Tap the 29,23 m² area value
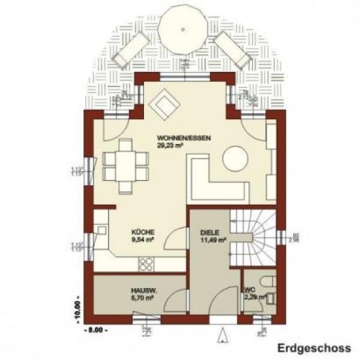170,145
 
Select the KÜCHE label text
144,233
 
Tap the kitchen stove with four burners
146,263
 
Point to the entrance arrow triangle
226,334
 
